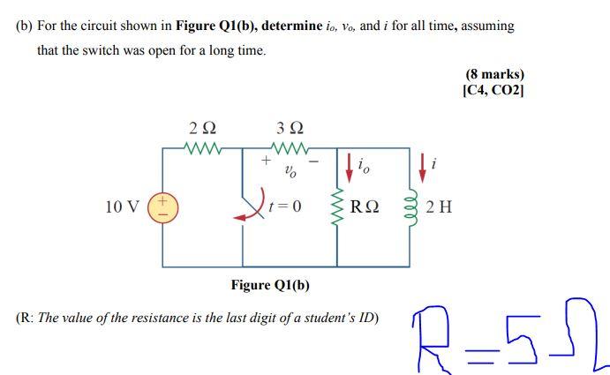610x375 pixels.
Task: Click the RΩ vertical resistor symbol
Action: coord(336,207)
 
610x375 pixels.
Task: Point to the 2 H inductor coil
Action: coord(409,207)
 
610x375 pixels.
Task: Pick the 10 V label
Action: coord(122,207)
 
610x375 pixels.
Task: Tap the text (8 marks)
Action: coord(494,75)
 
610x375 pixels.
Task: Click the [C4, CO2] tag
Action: coord(493,90)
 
